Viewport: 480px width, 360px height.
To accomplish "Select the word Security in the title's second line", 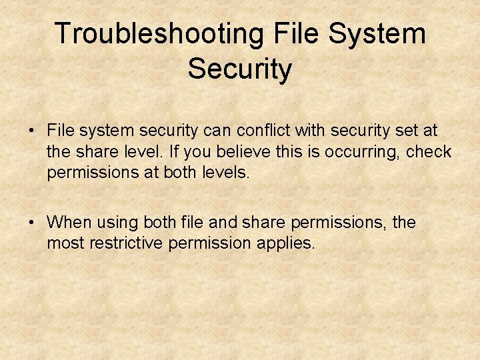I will point(240,69).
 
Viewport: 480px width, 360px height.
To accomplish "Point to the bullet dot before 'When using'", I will point(32,222).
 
